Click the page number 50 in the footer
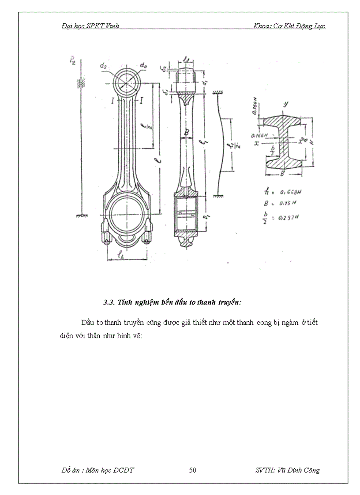click(x=192, y=470)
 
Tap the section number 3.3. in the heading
click(x=109, y=302)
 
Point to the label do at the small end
click(x=143, y=66)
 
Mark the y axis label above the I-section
click(x=285, y=104)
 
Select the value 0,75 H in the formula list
click(x=289, y=203)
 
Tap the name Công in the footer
click(x=311, y=470)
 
